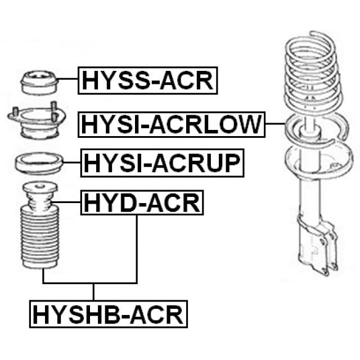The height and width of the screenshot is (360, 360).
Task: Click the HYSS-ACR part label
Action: (147, 80)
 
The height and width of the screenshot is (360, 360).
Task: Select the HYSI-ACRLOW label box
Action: (172, 125)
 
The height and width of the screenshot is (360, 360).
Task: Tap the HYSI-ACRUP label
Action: (163, 163)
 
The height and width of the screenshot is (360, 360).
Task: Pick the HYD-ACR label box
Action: (142, 202)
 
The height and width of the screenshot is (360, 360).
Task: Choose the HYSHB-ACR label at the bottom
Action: (109, 314)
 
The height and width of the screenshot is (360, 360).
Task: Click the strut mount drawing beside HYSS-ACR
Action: (39, 83)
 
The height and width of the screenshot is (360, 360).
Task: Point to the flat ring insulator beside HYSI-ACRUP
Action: (39, 163)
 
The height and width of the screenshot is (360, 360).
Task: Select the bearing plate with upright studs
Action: (37, 121)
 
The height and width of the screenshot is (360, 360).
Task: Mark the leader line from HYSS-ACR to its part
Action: (67, 79)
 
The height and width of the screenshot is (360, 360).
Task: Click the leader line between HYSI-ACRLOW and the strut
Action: (275, 124)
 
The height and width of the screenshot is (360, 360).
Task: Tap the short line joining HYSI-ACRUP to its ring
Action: (71, 163)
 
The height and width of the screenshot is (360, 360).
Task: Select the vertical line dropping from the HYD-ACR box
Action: (137, 249)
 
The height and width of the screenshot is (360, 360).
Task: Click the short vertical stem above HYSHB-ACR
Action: (93, 292)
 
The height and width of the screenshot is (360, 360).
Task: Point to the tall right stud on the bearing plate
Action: (54, 111)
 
